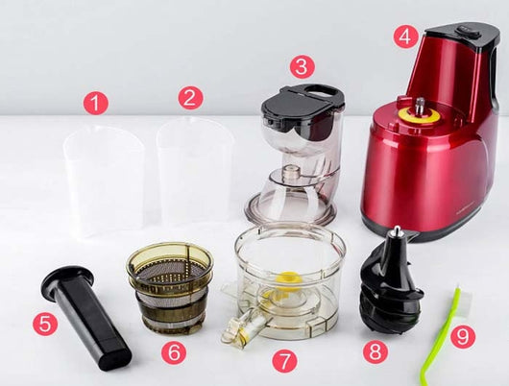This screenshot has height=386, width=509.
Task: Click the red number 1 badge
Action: (95, 103)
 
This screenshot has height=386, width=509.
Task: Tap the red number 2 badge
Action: (190, 97)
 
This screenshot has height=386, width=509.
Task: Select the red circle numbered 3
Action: (302, 66)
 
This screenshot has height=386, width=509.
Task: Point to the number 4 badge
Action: (405, 36)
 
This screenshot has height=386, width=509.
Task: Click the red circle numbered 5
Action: (45, 324)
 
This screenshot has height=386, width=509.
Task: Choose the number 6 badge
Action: (174, 352)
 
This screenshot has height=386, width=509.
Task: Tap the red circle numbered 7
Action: (284, 360)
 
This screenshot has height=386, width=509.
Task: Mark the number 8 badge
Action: (376, 350)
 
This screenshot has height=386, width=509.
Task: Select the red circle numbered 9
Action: (463, 336)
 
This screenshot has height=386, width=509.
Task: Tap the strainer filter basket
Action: (170, 287)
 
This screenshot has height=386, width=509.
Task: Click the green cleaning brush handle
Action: (438, 338)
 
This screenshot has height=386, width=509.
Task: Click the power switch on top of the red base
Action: (467, 32)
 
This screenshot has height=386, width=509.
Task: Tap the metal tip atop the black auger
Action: (396, 233)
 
